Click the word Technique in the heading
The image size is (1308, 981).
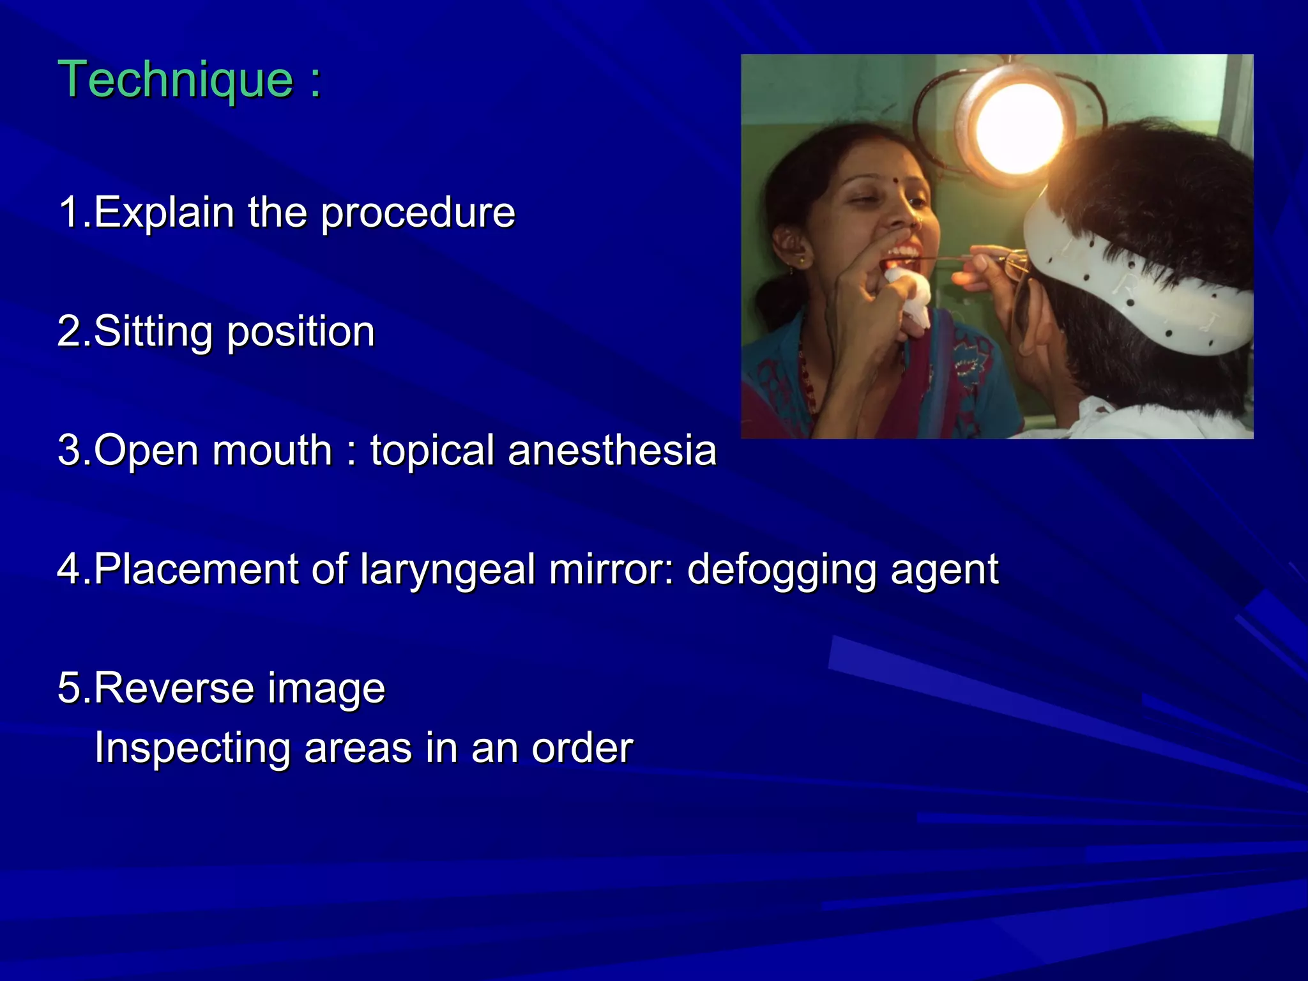point(176,79)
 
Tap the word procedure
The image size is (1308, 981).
point(418,213)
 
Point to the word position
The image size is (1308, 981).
point(301,332)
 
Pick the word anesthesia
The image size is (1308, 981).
point(612,450)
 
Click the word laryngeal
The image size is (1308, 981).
point(447,570)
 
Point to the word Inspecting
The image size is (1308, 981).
point(192,748)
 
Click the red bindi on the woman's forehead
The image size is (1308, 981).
point(899,181)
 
